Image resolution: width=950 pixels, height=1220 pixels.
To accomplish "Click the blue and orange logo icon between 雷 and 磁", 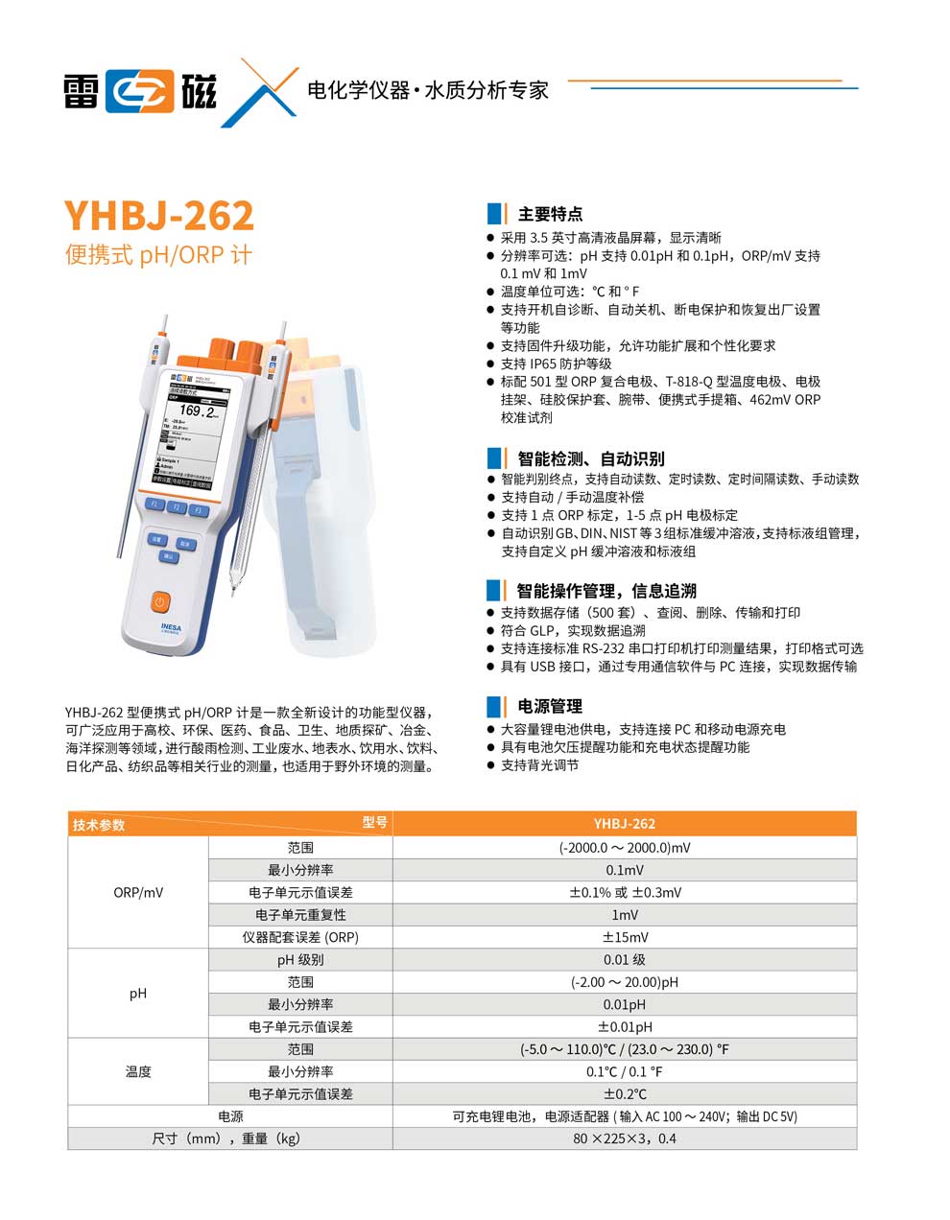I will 139,90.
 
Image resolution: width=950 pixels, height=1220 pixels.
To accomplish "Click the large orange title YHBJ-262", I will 159,215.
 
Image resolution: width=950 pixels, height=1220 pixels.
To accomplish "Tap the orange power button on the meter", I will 160,602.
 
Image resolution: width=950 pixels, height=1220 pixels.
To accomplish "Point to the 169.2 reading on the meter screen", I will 198,411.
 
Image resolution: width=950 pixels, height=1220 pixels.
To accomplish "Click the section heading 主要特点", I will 550,214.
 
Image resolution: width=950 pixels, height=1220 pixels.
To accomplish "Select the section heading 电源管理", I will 550,706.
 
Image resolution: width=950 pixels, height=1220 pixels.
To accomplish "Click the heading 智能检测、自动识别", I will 590,458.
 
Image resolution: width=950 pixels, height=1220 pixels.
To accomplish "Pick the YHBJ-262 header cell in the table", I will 624,823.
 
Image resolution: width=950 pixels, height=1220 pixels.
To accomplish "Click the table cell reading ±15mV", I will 625,937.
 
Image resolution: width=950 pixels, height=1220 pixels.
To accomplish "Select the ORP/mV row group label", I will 138,892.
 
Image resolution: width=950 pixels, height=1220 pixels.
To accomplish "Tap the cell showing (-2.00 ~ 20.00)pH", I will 625,982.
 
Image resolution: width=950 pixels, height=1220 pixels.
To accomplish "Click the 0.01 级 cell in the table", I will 625,959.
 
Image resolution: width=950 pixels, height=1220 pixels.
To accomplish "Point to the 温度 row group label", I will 138,1071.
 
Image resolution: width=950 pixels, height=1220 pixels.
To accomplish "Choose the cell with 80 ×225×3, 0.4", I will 625,1138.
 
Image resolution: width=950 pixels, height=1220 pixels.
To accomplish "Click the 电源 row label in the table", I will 230,1116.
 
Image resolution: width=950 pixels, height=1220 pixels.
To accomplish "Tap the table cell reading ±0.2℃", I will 625,1093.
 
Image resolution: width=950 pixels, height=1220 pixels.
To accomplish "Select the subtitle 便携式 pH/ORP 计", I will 158,256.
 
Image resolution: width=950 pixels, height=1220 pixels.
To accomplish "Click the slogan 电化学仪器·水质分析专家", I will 427,91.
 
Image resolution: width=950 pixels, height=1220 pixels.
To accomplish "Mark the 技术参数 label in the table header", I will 99,825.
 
